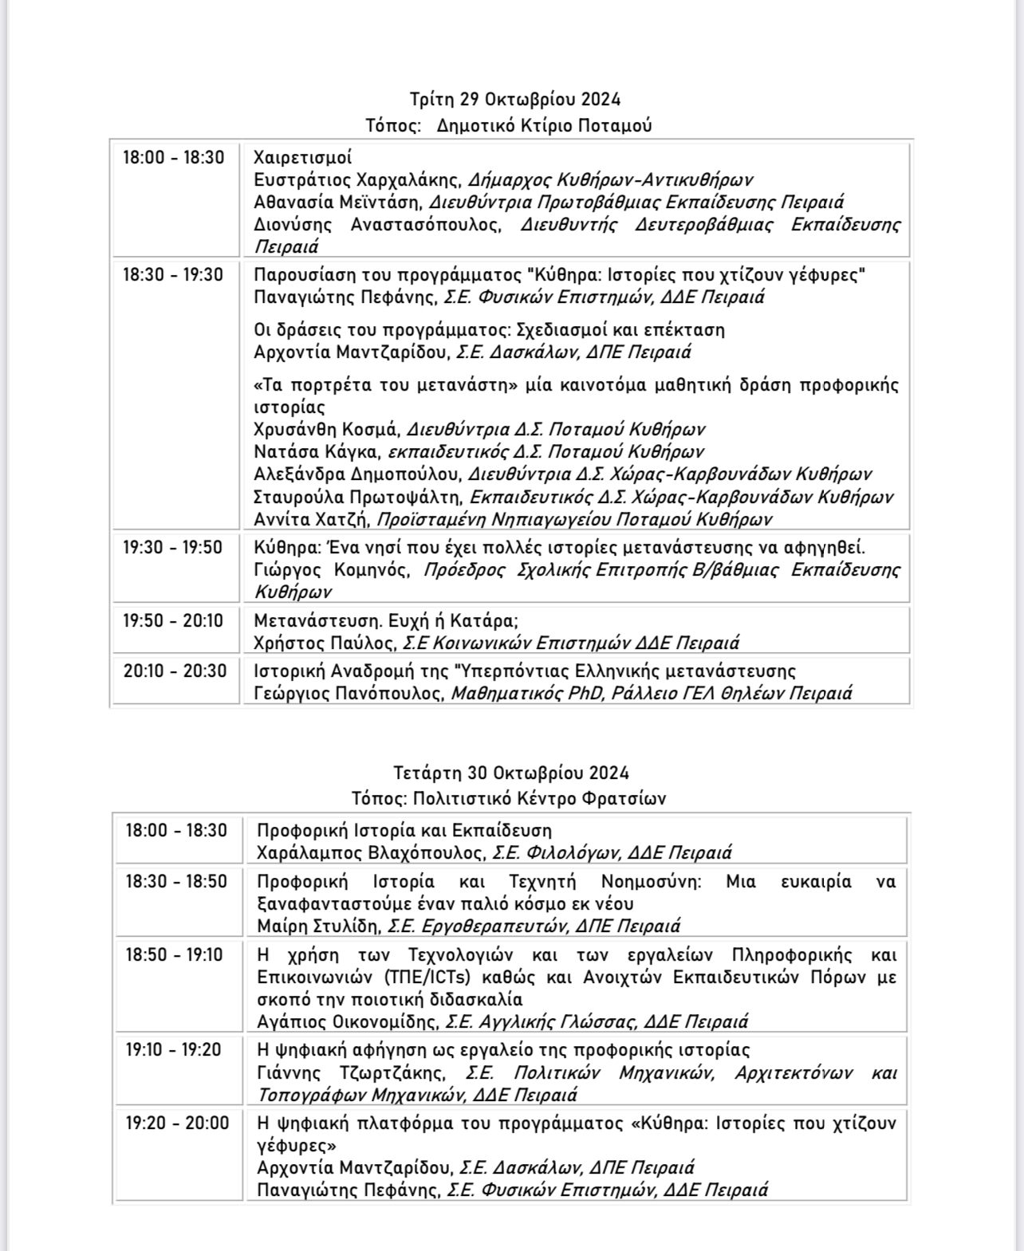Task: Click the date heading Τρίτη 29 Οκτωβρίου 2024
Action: click(x=514, y=100)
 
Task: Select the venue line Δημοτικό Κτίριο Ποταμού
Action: click(x=544, y=126)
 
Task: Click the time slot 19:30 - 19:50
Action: click(x=172, y=548)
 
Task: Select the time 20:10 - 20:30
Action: click(x=175, y=671)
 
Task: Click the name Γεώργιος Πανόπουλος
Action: click(x=349, y=694)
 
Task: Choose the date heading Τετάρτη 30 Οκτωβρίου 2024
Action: click(x=511, y=773)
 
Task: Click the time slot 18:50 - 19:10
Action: click(x=174, y=955)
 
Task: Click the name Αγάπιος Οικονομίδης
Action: click(x=347, y=1022)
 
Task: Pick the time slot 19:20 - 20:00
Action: click(x=176, y=1123)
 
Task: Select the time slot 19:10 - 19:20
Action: click(x=173, y=1050)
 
